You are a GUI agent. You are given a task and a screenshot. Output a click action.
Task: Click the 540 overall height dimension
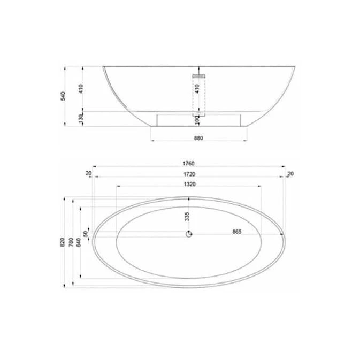coord(63,96)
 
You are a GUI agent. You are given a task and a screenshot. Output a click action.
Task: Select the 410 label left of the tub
coord(81,89)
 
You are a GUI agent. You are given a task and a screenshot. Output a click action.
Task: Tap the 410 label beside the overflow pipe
coord(197,89)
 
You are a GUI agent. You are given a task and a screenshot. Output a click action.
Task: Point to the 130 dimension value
coord(81,119)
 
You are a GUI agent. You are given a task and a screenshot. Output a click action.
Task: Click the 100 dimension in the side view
coord(197,120)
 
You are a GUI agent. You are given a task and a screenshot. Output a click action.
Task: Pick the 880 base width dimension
coord(198,138)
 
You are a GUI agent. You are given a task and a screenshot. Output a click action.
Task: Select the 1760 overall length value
coord(188,164)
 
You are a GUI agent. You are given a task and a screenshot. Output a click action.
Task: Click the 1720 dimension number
coord(189,174)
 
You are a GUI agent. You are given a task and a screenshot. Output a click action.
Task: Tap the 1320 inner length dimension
coord(190,184)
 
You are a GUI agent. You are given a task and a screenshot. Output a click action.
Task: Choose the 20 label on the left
coord(88,173)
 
